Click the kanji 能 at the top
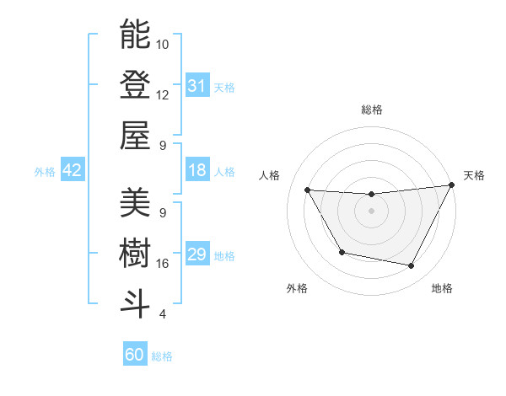coord(136,35)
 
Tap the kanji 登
coord(136,85)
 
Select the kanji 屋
coord(136,136)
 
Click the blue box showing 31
coord(196,85)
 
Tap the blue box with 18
coord(196,171)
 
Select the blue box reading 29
coord(196,255)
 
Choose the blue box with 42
coord(73,170)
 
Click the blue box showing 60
coord(135,355)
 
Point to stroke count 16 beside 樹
coord(163,264)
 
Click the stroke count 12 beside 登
coord(163,95)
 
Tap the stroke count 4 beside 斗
coord(163,314)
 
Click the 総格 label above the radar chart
coord(371,110)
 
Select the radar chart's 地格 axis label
coord(442,288)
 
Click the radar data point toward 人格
coord(308,190)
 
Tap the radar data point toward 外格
coord(342,252)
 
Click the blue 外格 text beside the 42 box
coord(45,171)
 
